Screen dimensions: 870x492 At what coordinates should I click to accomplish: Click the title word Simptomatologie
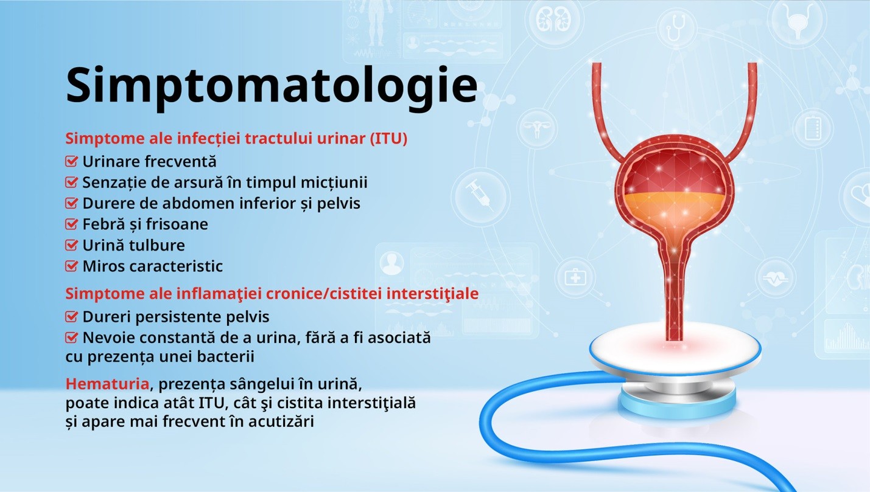(272, 88)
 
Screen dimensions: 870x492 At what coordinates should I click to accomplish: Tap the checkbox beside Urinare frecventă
(71, 161)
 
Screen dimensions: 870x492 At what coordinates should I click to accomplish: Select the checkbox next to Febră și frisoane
(71, 224)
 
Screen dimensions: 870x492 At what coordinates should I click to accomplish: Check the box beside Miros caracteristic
(71, 266)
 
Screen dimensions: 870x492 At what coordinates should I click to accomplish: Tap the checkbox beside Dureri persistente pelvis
(71, 317)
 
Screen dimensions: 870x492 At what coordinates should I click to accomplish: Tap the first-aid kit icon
(575, 277)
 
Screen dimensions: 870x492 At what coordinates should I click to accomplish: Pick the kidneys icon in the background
(554, 20)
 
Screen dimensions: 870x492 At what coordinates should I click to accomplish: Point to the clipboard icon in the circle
(813, 128)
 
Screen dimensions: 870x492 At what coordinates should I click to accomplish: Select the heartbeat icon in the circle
(775, 278)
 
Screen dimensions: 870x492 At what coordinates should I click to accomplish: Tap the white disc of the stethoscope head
(675, 348)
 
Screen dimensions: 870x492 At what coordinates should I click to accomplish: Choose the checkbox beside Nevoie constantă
(71, 338)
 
